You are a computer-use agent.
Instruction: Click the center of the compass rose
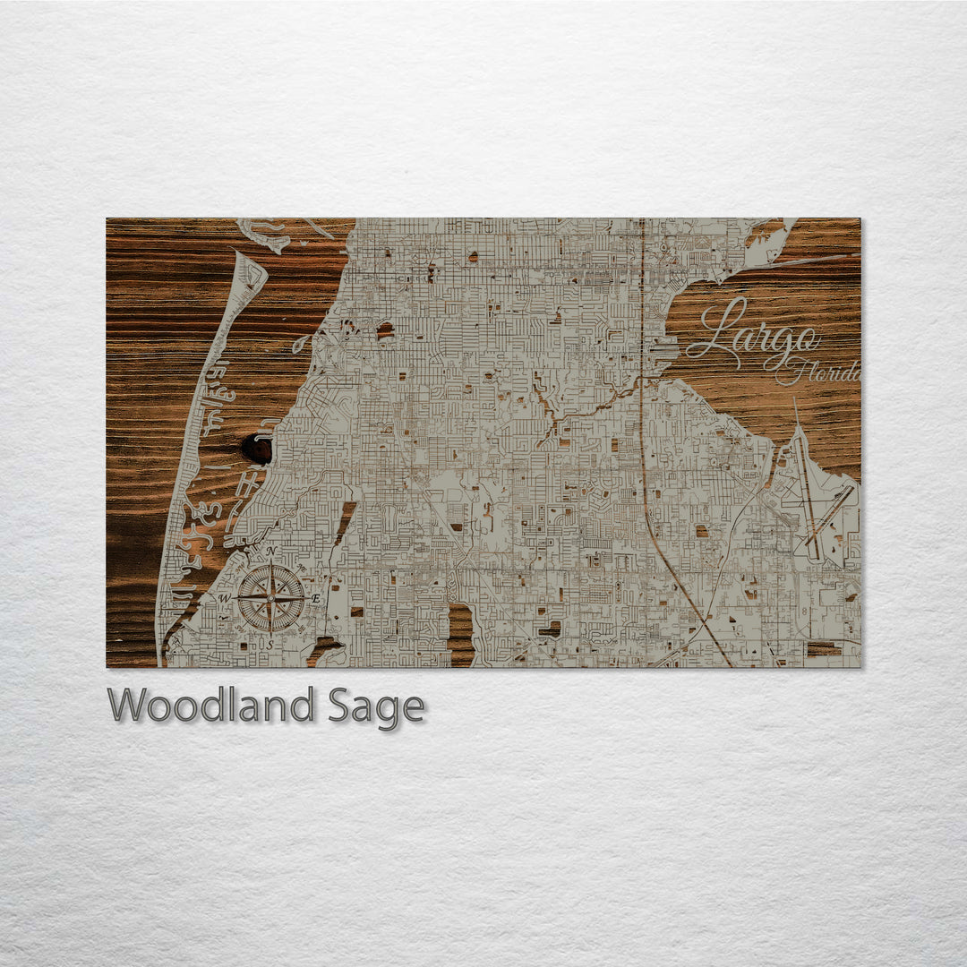point(270,597)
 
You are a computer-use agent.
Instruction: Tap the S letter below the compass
point(269,644)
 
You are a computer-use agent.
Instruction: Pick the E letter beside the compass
point(315,598)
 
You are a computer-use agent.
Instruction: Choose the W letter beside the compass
point(226,598)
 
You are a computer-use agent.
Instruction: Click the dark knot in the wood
point(256,449)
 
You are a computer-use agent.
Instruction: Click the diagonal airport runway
point(828,516)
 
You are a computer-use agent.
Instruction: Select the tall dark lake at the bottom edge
point(460,633)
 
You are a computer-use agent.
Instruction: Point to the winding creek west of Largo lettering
point(582,408)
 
